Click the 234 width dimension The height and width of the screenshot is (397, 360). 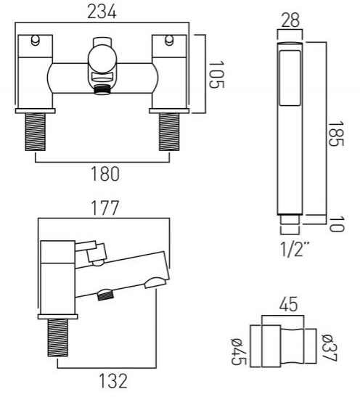tap(102, 12)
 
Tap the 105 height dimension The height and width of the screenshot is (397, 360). tap(216, 74)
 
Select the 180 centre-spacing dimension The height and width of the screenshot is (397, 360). tap(105, 173)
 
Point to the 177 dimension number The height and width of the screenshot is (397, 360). tap(105, 208)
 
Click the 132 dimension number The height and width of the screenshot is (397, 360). tap(113, 381)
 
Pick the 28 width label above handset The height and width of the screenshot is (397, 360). tap(290, 20)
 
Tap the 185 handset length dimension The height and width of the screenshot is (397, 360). tap(336, 134)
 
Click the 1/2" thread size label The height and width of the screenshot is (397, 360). tap(295, 249)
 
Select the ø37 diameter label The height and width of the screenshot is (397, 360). tap(330, 348)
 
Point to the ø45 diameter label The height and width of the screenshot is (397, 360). tap(239, 352)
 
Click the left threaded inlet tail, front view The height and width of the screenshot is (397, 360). tap(35, 132)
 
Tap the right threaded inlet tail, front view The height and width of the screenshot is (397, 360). tap(169, 132)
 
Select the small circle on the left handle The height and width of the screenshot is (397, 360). tap(35, 41)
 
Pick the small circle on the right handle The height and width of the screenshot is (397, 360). tap(169, 41)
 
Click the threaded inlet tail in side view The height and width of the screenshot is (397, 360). tap(58, 337)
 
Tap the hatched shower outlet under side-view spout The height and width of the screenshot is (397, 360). tap(106, 295)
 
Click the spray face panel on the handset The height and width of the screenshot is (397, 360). tap(290, 78)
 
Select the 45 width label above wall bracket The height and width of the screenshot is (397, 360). tap(289, 305)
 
